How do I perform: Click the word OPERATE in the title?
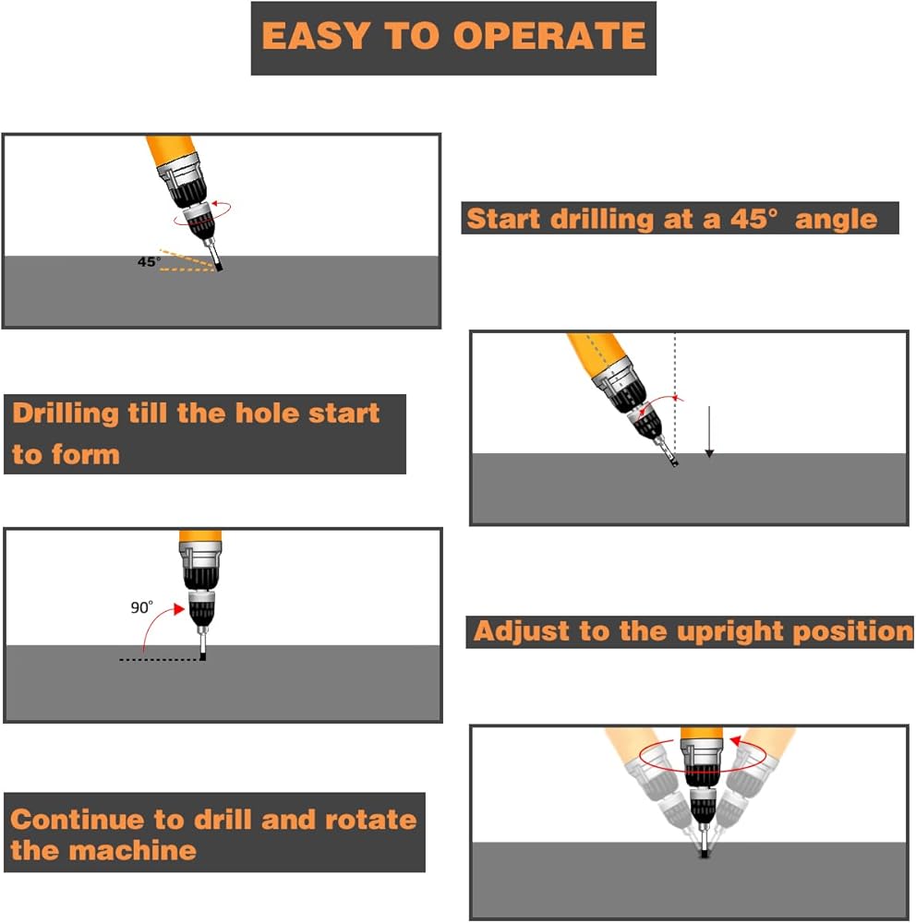(x=549, y=36)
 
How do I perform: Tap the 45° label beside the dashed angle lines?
(x=148, y=261)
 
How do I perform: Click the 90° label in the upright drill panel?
(x=141, y=607)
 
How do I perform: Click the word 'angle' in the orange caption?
(x=836, y=219)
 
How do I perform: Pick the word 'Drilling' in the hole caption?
(x=66, y=413)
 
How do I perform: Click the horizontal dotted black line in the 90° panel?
(x=157, y=659)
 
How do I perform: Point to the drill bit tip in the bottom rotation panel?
(x=705, y=854)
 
